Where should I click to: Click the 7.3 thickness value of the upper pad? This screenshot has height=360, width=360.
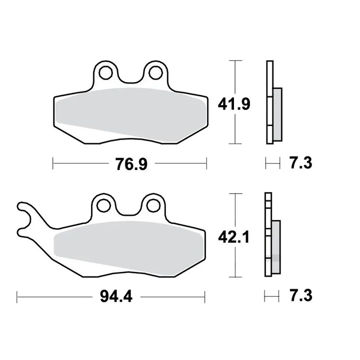300,163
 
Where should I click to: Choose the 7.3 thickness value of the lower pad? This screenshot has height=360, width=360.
300,295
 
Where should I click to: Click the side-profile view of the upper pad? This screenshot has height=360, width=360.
272,102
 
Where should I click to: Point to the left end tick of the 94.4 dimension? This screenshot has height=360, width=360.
17,297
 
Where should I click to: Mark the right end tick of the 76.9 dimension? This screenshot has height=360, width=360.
206,163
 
